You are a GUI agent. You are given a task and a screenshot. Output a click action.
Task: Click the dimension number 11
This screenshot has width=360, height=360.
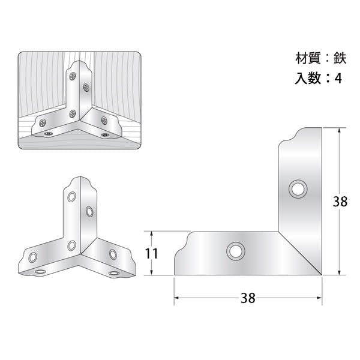(x=152, y=253)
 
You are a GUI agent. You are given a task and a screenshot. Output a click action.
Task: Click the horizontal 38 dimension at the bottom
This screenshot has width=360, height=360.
(x=248, y=298)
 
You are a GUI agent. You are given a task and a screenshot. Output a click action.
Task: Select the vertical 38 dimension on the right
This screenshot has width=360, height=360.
(x=340, y=202)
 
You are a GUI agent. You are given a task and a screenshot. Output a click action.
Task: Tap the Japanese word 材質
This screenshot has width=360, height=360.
(x=308, y=58)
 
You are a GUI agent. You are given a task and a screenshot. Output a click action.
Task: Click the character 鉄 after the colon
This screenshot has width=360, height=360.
(x=340, y=58)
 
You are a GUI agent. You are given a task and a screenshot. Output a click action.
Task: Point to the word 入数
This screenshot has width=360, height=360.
(x=308, y=78)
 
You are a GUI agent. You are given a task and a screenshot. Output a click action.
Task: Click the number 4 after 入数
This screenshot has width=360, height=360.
(x=338, y=79)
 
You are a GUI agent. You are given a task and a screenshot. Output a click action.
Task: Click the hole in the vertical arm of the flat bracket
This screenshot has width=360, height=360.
(x=298, y=190)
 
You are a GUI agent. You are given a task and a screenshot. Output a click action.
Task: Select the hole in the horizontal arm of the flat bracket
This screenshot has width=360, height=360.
(x=236, y=251)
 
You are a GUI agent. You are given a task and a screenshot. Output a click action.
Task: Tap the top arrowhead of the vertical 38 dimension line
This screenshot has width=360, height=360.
(x=340, y=131)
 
